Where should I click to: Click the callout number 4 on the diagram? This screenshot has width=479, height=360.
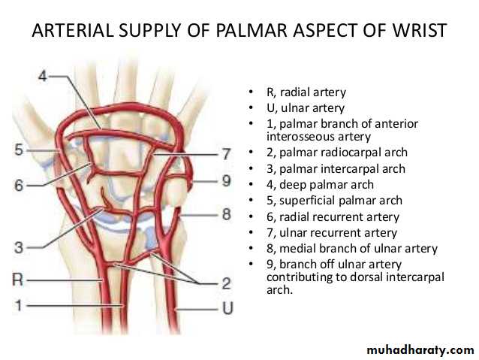tap(43, 77)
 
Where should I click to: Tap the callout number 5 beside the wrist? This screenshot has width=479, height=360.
tap(19, 150)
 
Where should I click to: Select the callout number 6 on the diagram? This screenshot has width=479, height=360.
tap(19, 184)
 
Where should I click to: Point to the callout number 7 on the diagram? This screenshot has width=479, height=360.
tap(224, 155)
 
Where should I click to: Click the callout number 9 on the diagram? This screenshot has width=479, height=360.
tap(225, 181)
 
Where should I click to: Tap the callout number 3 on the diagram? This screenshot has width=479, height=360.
tap(19, 247)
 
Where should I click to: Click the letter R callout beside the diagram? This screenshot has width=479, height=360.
tap(20, 280)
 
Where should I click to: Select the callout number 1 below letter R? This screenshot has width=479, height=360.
tap(19, 306)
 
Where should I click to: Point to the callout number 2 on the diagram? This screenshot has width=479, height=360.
tap(225, 283)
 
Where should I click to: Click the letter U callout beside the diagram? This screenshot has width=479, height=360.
tap(225, 308)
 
